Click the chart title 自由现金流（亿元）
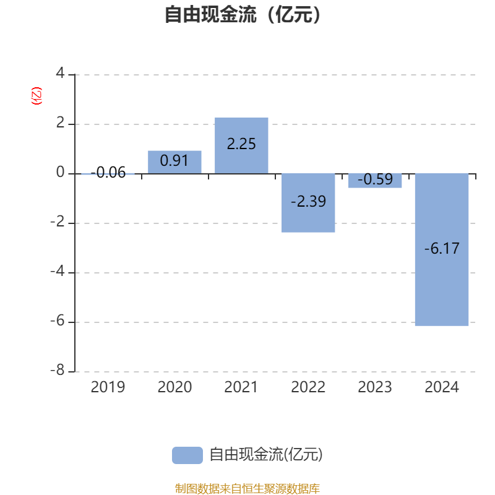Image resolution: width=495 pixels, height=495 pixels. pos(243,15)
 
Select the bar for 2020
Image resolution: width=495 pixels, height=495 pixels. pos(174,161)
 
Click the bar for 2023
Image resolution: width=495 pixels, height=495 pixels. pos(375,180)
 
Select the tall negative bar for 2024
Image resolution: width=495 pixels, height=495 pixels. pos(442,285)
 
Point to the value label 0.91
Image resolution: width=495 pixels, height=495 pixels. pos(174,160)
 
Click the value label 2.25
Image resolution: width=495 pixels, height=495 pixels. pos(241,144)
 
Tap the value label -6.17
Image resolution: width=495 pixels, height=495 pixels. pos(442,249)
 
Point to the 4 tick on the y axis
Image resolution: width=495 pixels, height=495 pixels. pos(60,74)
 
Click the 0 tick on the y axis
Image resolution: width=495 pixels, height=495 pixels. pos(60,173)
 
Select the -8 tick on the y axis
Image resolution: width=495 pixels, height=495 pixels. pos(57,371)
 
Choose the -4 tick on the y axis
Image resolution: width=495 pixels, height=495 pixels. pos(57,272)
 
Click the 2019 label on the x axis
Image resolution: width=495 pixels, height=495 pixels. pos(108,387)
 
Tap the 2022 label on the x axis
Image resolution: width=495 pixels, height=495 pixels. pos(308,387)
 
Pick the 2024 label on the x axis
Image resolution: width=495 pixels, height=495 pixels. pos(442,387)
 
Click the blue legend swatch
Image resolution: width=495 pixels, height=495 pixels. pos(187,455)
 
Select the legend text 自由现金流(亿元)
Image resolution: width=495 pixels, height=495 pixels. pos(266,455)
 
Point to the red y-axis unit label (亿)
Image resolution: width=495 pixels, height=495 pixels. pos(37,96)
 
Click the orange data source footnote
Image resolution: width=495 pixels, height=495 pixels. pos(247,488)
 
